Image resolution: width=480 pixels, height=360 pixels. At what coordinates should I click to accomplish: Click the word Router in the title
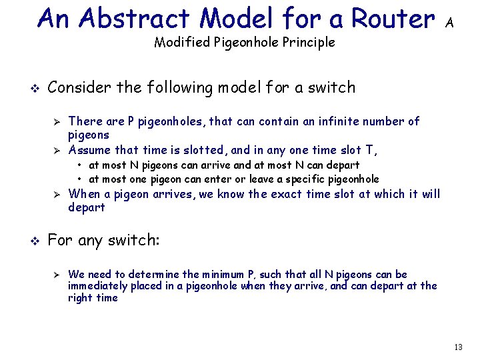pyautogui.click(x=393, y=19)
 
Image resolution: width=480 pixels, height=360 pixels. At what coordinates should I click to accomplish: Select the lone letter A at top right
pyautogui.click(x=450, y=23)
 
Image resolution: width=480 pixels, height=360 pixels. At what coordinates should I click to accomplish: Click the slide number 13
pyautogui.click(x=457, y=347)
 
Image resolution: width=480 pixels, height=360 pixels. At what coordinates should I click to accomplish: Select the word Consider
pyautogui.click(x=75, y=87)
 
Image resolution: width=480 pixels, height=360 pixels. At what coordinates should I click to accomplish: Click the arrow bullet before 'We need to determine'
pyautogui.click(x=57, y=275)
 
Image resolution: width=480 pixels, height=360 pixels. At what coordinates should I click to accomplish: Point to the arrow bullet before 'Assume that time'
pyautogui.click(x=57, y=150)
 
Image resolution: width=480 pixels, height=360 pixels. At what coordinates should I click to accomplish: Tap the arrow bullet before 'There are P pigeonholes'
pyautogui.click(x=57, y=122)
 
